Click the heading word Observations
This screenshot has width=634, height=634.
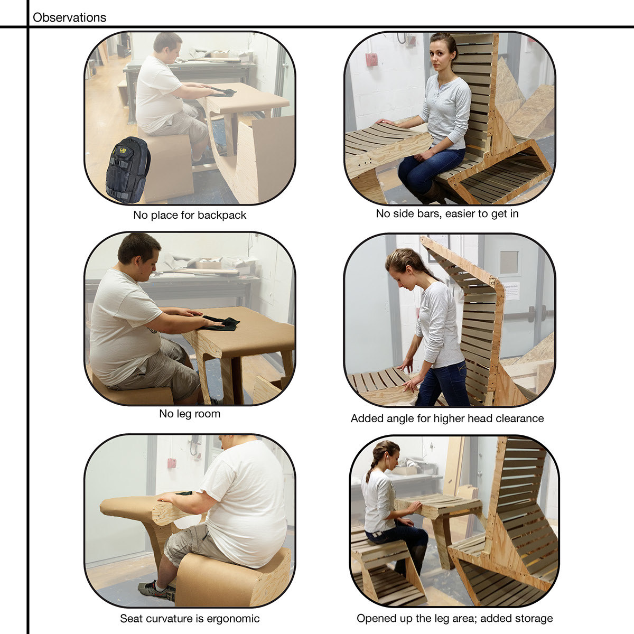click(x=69, y=17)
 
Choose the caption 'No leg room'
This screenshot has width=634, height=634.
click(x=190, y=414)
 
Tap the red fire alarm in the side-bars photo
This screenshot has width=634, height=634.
click(x=371, y=60)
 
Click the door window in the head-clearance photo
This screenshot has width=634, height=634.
click(x=509, y=262)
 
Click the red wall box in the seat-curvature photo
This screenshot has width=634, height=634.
click(x=172, y=463)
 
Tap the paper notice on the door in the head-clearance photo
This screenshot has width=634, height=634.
click(x=510, y=291)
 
